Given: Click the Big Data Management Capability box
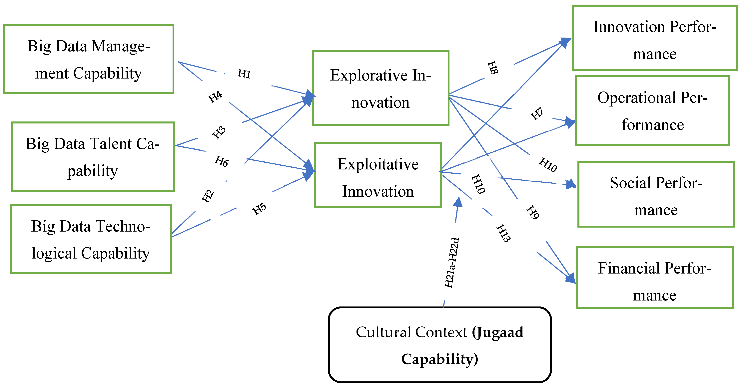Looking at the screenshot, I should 89,59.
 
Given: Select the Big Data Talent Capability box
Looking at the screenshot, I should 93,156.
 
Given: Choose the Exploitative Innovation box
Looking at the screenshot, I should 378,175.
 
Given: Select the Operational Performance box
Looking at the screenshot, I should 652,110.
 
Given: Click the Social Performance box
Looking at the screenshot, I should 656,194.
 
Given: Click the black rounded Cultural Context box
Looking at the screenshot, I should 440,345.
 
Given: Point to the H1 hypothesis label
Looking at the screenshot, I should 244,74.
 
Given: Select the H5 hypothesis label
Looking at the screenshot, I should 259,208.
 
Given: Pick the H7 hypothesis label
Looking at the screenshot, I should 537,113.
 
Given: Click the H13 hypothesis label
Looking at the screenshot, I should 503,233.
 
